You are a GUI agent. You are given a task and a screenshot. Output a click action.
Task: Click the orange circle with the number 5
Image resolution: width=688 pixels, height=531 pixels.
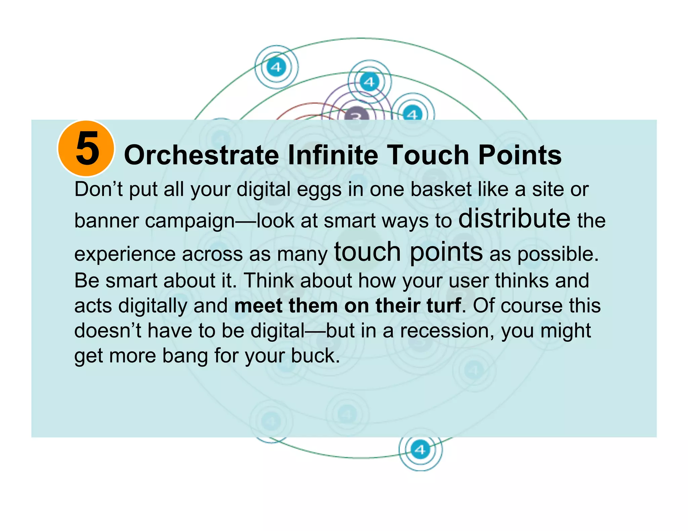[86, 148]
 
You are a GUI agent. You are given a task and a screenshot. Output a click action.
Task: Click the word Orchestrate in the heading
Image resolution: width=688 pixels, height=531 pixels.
[201, 155]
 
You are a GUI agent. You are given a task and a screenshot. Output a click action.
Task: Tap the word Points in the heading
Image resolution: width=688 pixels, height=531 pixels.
[519, 155]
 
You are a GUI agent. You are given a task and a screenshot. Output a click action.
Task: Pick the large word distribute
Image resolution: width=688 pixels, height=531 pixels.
[514, 218]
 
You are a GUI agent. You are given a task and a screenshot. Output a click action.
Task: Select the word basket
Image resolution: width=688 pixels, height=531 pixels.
[441, 189]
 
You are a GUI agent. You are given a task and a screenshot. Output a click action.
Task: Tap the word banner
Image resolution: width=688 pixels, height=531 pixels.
[106, 221]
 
